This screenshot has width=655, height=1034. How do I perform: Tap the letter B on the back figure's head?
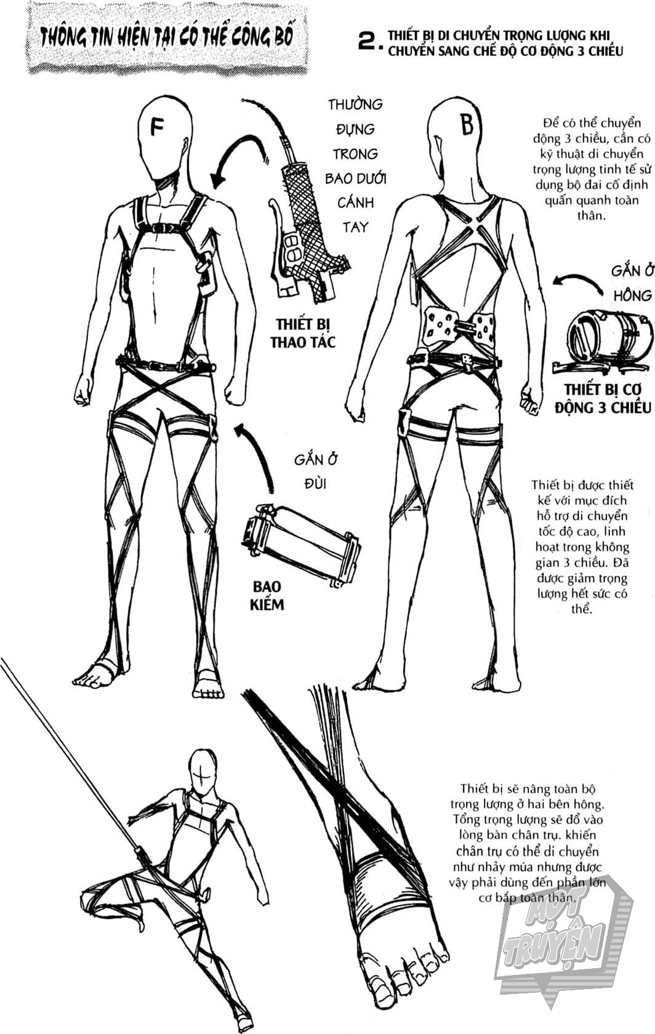tap(467, 123)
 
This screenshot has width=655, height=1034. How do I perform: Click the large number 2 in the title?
tap(370, 42)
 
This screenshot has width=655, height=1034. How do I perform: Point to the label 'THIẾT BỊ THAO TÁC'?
tap(302, 333)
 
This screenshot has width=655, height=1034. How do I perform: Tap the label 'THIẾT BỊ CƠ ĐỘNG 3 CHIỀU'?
tap(603, 398)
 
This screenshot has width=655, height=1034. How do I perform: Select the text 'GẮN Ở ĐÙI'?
tap(316, 471)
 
